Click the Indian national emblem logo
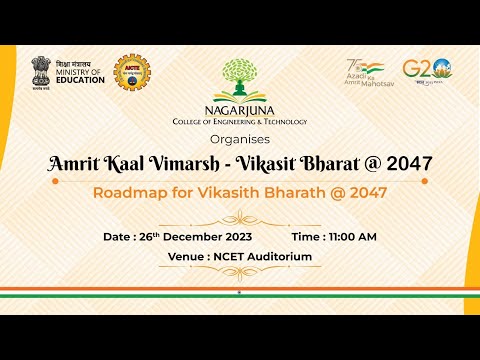tap(42, 73)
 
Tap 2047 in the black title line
tap(404, 162)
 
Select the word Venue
tap(189, 257)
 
